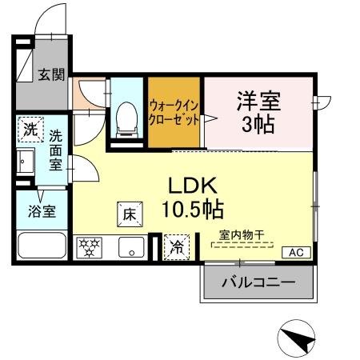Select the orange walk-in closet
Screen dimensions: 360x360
(x=174, y=113)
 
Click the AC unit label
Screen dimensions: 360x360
(x=295, y=253)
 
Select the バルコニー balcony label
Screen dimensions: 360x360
(x=258, y=282)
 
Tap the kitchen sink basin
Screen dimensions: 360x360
(x=129, y=248)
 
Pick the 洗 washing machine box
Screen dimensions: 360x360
(x=30, y=129)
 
